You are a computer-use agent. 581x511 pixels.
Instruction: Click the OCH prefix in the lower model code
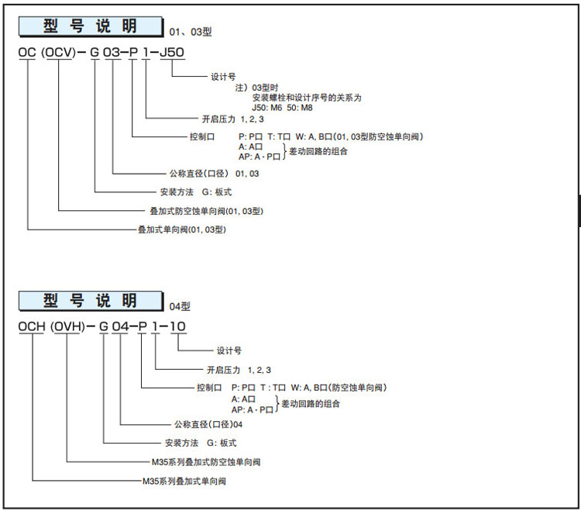33,326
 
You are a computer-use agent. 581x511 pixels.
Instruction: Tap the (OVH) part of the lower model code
68,326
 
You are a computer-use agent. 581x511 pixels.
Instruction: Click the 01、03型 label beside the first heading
191,33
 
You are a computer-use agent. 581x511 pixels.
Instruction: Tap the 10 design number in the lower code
177,326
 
